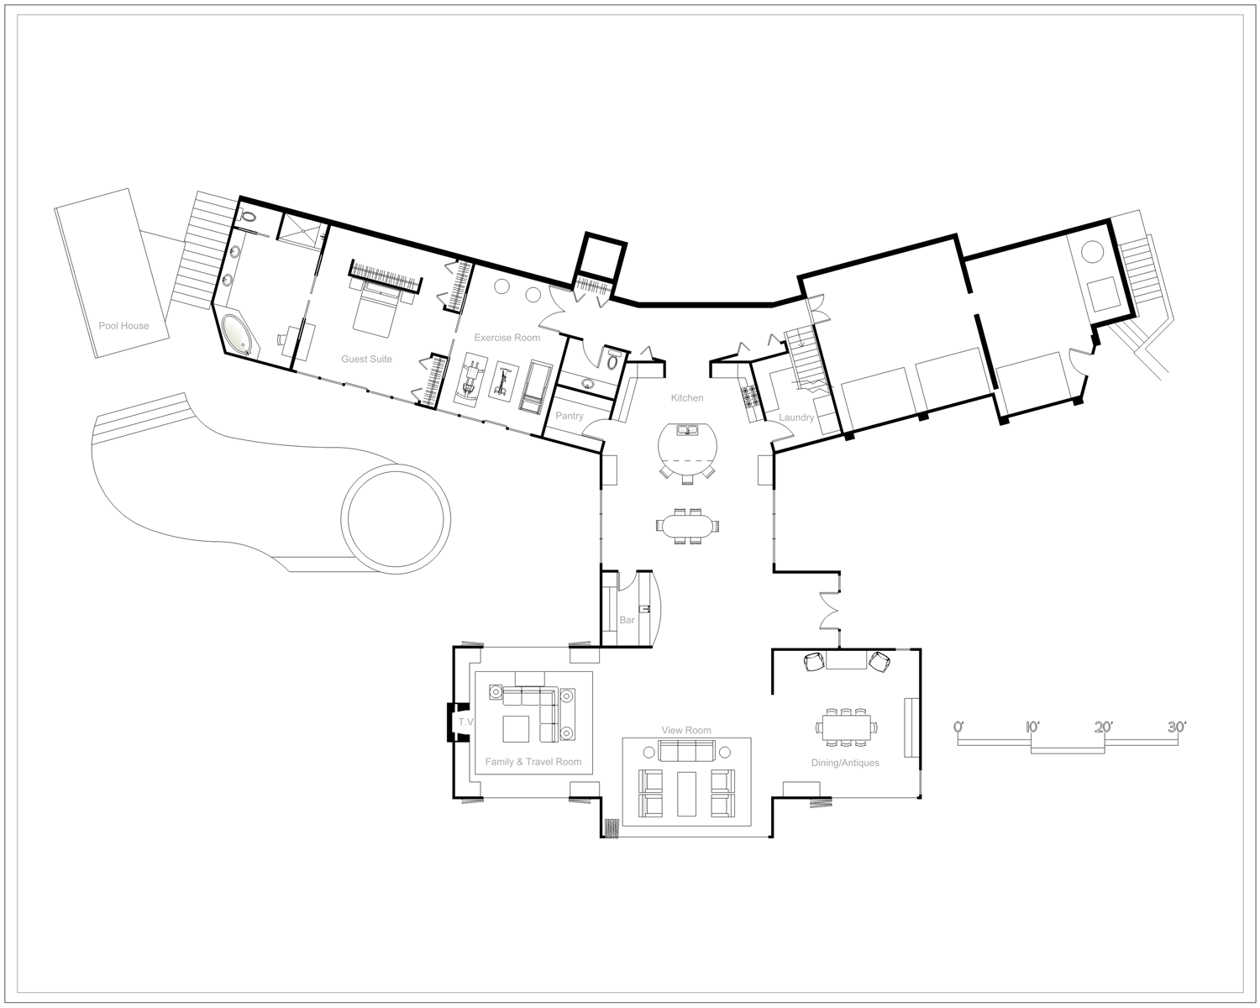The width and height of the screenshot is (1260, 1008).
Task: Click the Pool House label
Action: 123,326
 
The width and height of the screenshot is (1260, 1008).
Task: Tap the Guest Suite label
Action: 366,359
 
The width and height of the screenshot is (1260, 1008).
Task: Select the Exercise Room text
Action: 507,338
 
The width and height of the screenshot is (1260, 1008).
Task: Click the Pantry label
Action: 570,416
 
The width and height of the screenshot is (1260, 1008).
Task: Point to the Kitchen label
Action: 687,397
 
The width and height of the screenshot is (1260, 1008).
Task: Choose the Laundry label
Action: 796,417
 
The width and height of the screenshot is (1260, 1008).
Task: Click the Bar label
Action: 627,620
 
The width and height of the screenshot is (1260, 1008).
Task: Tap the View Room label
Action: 686,730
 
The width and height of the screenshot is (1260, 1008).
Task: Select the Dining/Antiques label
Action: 845,763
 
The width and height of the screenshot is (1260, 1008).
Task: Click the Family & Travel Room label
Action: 533,761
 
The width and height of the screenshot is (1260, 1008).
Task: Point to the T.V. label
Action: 466,722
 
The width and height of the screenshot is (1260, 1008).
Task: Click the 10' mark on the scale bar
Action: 1032,727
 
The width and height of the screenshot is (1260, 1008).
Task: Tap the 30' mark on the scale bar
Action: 1177,727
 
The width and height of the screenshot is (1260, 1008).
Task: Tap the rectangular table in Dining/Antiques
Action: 846,727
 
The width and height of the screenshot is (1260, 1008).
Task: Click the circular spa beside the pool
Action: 396,519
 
